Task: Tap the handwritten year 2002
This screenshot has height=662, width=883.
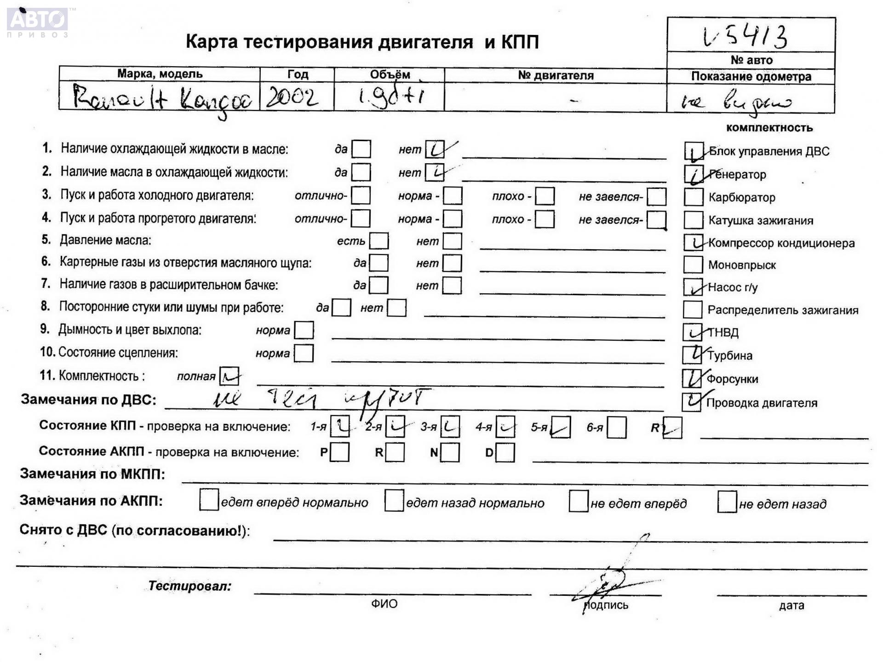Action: [292, 97]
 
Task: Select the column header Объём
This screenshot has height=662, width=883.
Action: [390, 74]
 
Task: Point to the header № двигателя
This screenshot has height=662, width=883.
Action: [556, 75]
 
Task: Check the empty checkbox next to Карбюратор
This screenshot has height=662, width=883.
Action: [693, 197]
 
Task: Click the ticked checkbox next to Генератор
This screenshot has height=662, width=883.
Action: [694, 174]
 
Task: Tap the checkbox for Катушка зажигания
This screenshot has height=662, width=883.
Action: [693, 220]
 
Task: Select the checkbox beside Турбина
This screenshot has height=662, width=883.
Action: [692, 354]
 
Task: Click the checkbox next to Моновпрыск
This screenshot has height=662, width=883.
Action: [693, 264]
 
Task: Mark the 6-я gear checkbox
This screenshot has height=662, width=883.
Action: [617, 428]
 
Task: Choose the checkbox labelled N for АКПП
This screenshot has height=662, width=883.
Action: [450, 452]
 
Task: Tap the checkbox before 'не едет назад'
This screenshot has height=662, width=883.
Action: [727, 502]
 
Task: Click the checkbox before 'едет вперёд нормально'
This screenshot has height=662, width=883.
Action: [209, 500]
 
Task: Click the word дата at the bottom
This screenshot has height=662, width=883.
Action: [791, 605]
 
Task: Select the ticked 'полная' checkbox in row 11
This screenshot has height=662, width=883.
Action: [229, 376]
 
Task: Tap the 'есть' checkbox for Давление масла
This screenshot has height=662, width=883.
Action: [379, 241]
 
